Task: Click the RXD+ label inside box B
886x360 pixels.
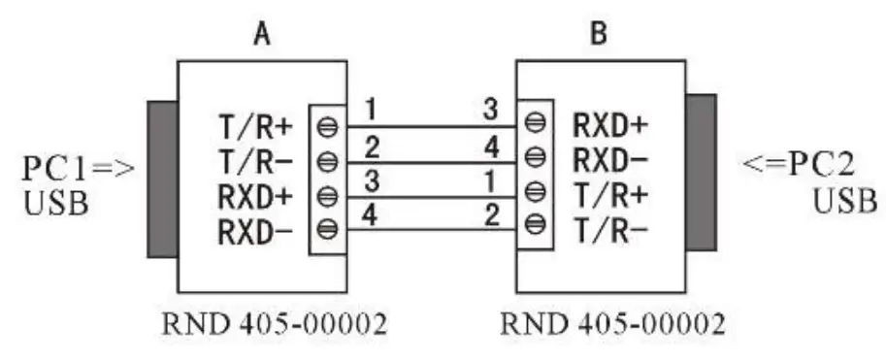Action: [611, 124]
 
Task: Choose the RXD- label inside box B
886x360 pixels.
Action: [611, 158]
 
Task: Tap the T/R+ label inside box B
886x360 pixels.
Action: [611, 193]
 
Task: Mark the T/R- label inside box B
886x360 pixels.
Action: [611, 228]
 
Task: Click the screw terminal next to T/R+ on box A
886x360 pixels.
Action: [327, 125]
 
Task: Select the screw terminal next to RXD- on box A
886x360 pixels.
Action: [327, 229]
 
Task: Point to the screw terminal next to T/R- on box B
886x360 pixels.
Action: [535, 226]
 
